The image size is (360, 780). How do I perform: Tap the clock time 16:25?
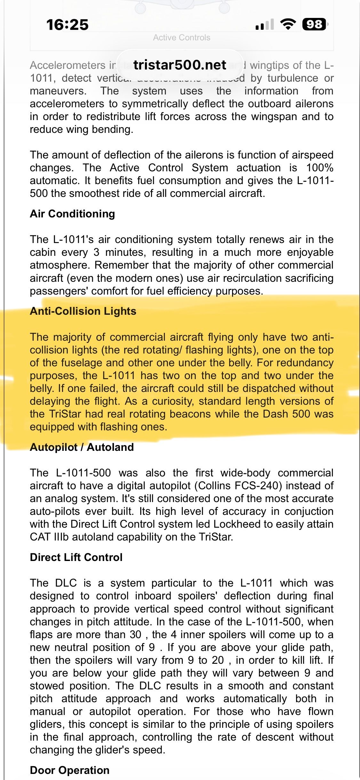67,25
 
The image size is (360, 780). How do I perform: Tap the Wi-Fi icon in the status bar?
288,24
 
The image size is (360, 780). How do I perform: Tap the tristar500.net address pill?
180,65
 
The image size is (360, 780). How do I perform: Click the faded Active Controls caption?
181,38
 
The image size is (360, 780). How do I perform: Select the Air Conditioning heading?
72,214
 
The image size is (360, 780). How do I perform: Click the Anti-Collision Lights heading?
83,311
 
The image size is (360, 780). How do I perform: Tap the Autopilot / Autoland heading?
82,447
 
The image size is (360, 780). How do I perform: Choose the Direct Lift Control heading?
76,557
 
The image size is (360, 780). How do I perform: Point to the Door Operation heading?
69,770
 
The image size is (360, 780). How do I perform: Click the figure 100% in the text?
320,168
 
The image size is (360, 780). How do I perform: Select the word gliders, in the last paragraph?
46,724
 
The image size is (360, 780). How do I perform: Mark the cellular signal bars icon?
265,24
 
